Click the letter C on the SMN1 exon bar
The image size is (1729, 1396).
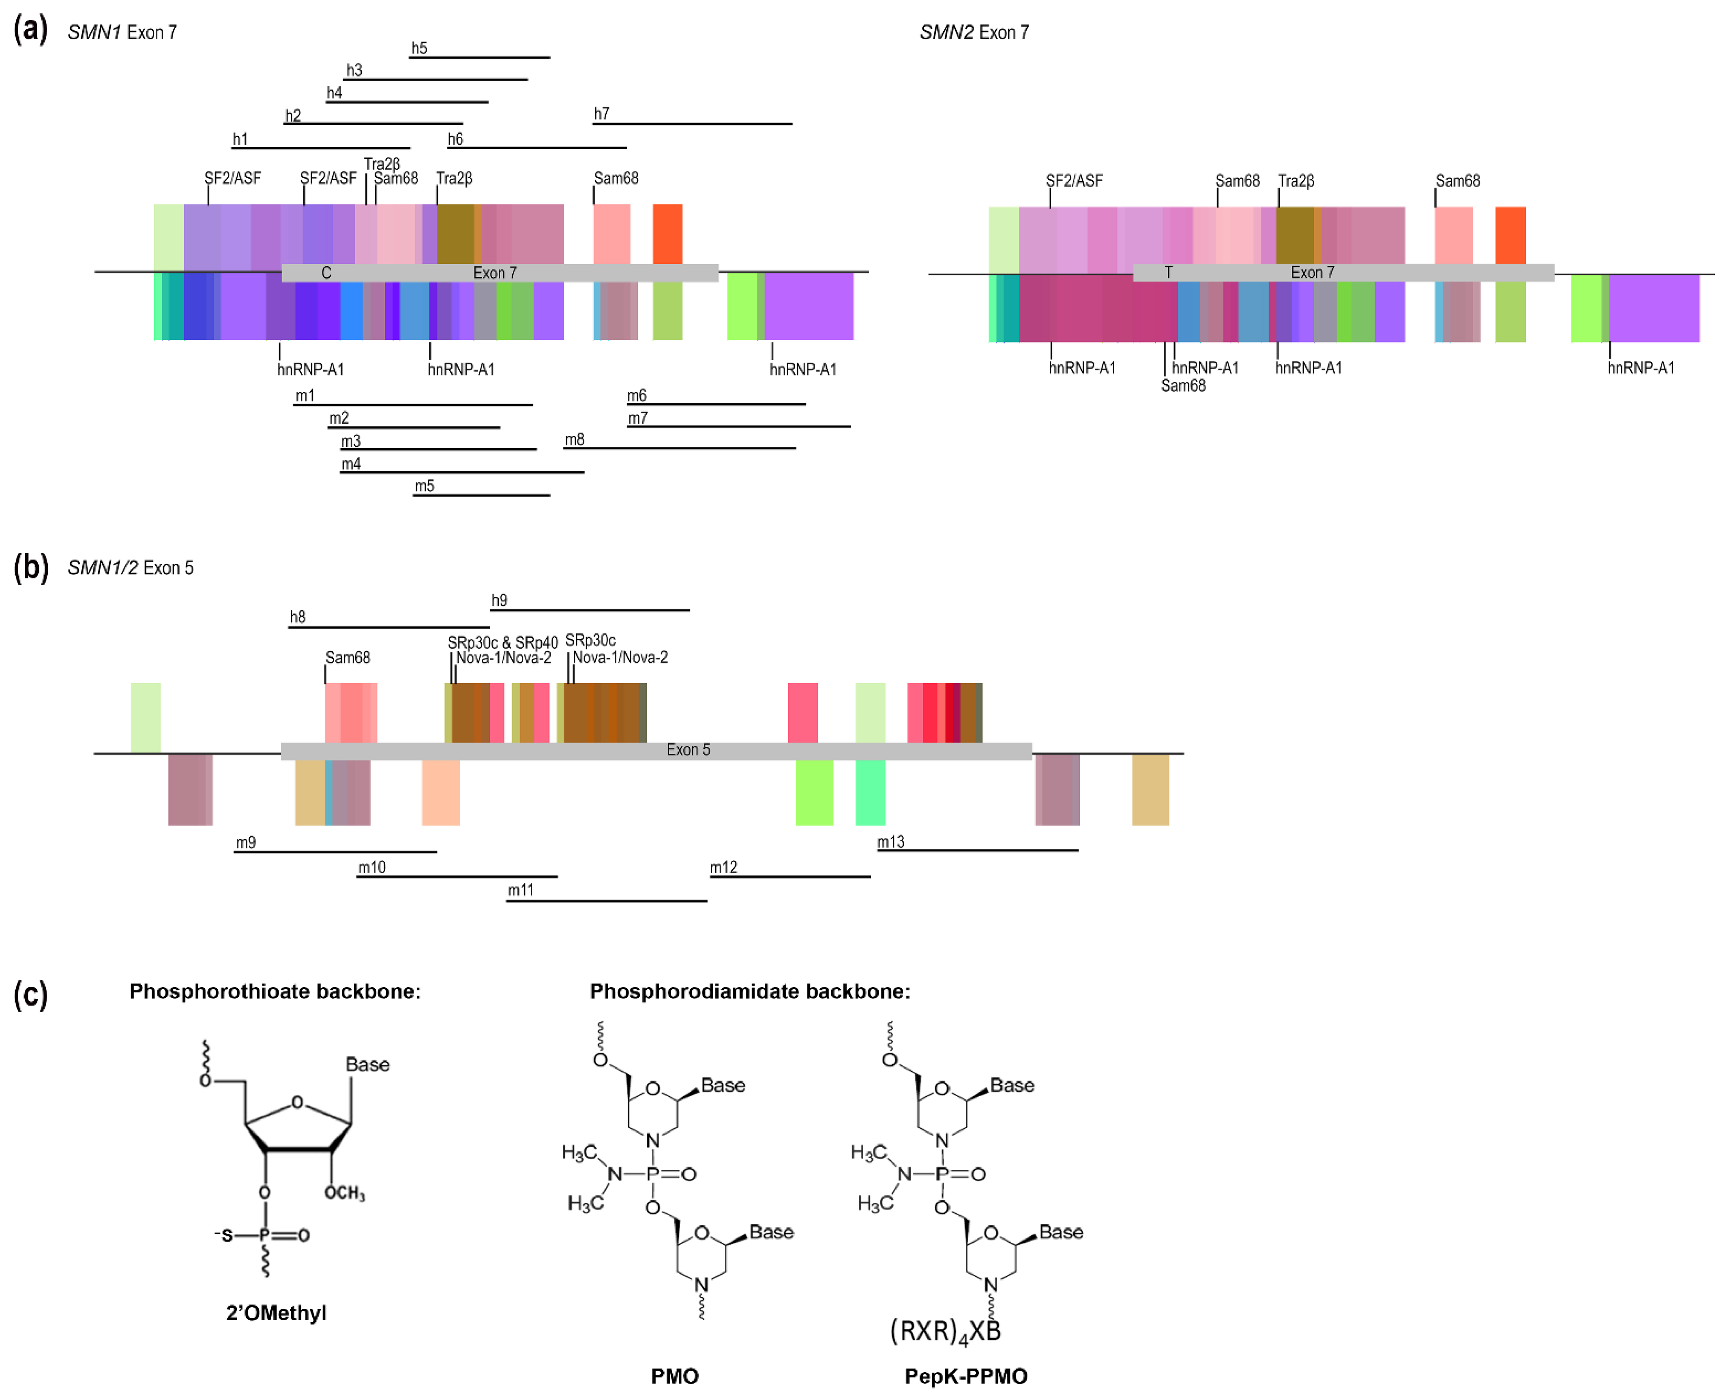coord(326,273)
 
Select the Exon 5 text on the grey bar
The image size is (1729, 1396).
coord(688,750)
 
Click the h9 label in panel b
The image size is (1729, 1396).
coord(499,600)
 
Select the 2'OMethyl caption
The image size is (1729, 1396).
coord(276,1313)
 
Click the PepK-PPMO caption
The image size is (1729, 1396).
coord(965,1376)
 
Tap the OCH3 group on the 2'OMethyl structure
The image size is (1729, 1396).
coord(344,1193)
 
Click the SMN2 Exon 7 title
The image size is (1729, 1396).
coord(974,32)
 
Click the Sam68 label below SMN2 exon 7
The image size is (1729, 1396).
coord(1183,385)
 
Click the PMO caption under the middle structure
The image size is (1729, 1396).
coord(674,1376)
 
